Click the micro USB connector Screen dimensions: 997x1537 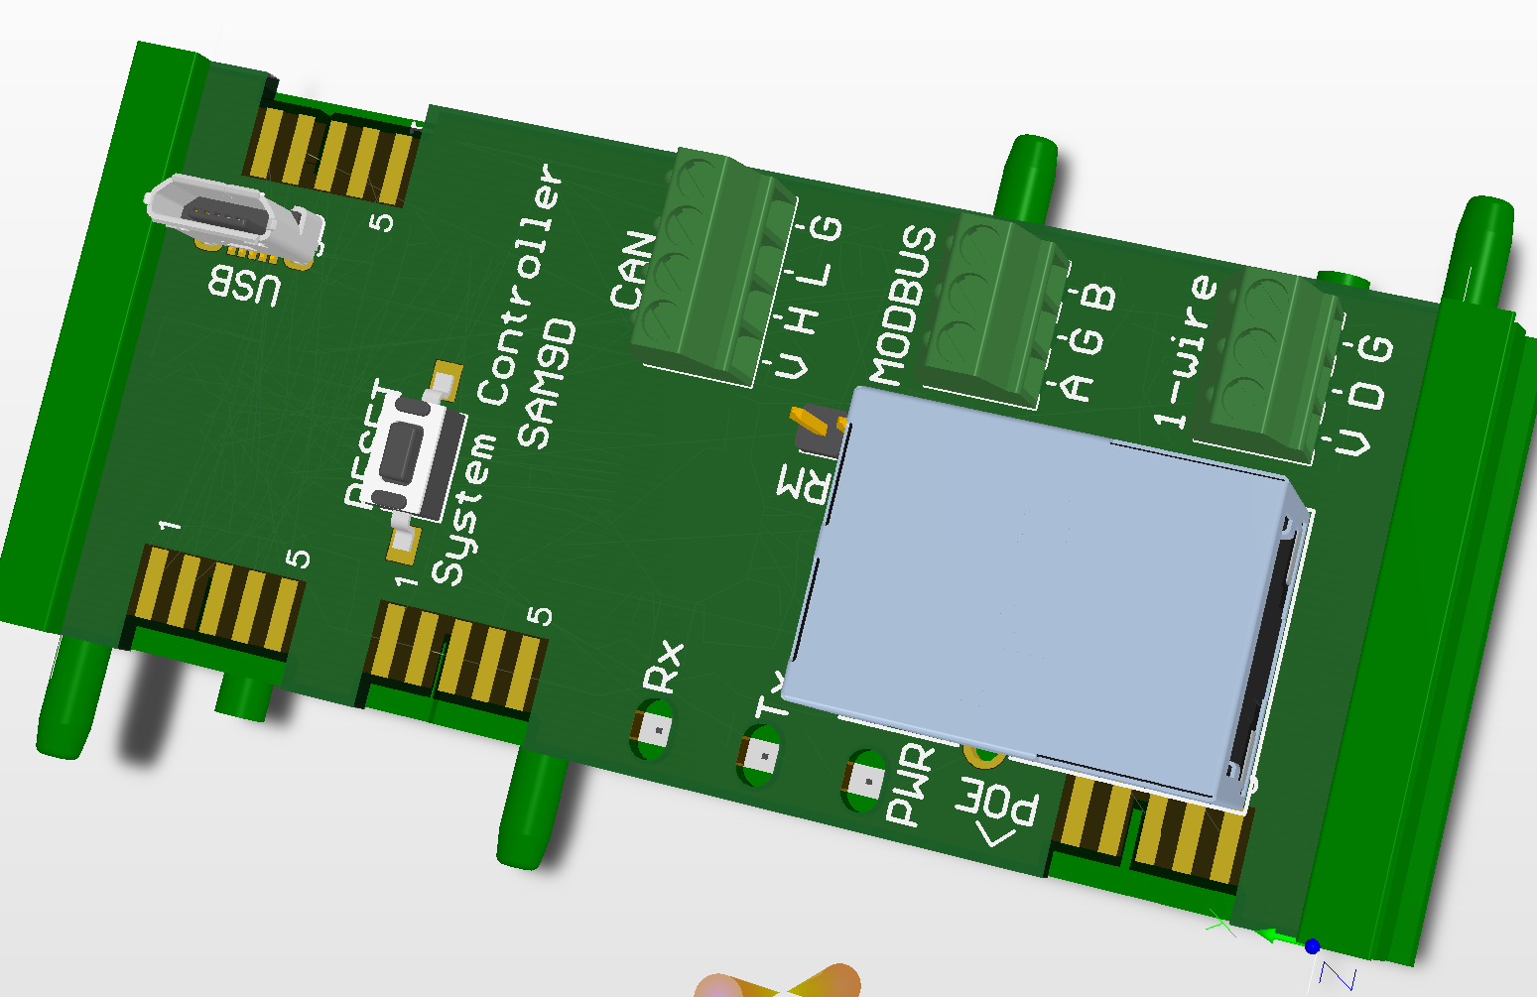coord(236,219)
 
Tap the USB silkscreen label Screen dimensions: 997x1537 coord(244,288)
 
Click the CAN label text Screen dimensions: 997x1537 coord(633,271)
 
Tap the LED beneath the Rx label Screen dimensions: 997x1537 coord(654,731)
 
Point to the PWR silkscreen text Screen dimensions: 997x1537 coord(910,785)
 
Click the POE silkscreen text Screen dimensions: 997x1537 coord(998,810)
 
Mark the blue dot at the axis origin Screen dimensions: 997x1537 coord(1312,946)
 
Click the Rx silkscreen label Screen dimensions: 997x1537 coord(664,667)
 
